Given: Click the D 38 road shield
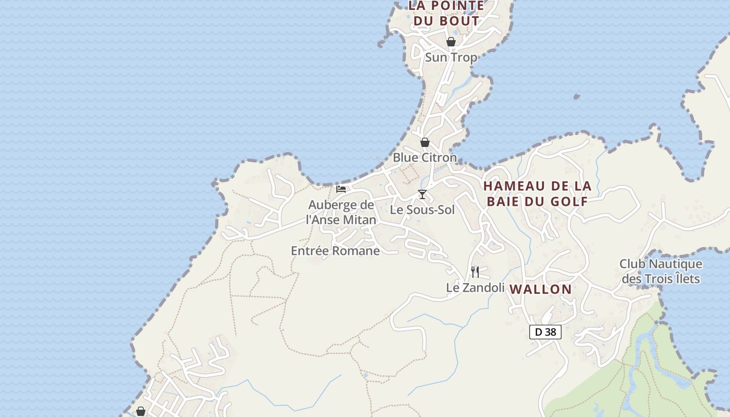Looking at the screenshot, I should (x=545, y=332).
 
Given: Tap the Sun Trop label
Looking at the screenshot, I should (x=451, y=57).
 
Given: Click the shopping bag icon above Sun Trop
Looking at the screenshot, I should (x=451, y=42).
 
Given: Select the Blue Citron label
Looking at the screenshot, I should (x=424, y=157).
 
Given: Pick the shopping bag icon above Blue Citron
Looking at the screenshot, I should (x=425, y=142).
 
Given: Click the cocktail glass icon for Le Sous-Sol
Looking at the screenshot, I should (x=422, y=194).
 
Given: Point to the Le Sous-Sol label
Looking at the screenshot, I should (x=422, y=210).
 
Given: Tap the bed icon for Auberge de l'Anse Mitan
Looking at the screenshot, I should (x=341, y=189).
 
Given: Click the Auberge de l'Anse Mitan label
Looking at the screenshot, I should (x=341, y=212).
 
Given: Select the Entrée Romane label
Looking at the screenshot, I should (x=335, y=251).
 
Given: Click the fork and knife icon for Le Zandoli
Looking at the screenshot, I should (x=475, y=272).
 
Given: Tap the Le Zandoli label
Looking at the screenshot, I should (x=475, y=288).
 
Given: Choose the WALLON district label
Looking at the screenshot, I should (x=540, y=289).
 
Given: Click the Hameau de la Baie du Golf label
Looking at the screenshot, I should (x=537, y=193).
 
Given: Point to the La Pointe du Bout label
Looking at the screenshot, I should (x=446, y=14).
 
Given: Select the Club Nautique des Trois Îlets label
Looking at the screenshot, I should (x=661, y=272).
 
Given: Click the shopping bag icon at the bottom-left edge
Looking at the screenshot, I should (x=140, y=412).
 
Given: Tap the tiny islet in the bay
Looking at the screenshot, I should (x=576, y=96).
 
